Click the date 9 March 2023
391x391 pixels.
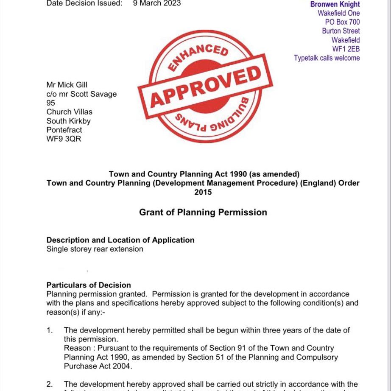tap(157, 3)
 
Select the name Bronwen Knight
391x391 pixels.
tap(335, 4)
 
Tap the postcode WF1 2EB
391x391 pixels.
tap(346, 49)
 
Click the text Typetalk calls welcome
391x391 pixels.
tap(327, 58)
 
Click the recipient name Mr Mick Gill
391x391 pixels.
tap(67, 85)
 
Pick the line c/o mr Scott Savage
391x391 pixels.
tap(81, 94)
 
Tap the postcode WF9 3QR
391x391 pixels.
tap(64, 139)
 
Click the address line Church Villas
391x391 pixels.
tap(69, 112)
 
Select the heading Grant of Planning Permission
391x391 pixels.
tap(203, 212)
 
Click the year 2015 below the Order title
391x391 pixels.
tap(203, 192)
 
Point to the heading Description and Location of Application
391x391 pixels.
tap(120, 240)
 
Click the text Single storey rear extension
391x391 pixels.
tap(95, 249)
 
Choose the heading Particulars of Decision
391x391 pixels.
tap(89, 285)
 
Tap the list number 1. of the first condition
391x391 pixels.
tap(50, 330)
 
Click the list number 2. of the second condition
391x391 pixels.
tap(50, 384)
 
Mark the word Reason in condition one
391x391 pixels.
tap(77, 348)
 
